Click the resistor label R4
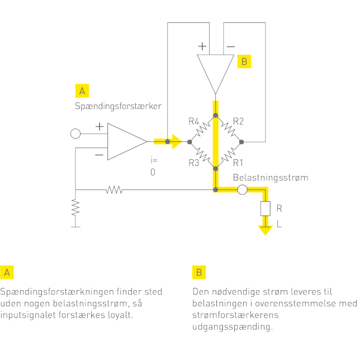(194, 121)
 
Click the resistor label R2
(239, 121)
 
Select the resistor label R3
(194, 163)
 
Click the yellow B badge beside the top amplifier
(244, 61)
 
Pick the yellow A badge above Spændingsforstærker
(82, 91)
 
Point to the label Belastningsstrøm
(270, 178)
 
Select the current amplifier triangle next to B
(216, 70)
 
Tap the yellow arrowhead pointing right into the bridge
(177, 141)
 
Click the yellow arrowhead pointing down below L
(264, 230)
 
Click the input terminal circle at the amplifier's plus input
(75, 134)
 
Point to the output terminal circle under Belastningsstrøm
(242, 190)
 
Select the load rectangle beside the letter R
(264, 209)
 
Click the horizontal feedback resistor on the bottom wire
(114, 190)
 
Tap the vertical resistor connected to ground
(75, 208)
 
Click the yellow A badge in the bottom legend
(7, 272)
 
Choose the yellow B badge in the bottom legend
(199, 272)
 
